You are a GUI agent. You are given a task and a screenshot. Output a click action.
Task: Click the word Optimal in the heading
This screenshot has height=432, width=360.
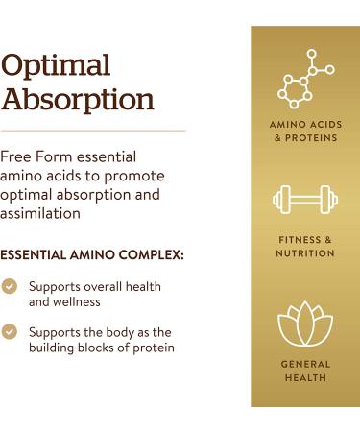coord(57,65)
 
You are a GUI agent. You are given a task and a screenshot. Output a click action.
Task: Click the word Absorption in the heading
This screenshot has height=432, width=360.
coord(78,99)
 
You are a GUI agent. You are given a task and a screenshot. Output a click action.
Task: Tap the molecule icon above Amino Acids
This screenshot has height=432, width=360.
coord(305,79)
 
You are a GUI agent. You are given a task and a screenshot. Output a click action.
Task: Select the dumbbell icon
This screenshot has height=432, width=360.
coord(305,201)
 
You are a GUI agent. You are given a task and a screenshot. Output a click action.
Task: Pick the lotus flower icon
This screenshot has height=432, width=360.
coord(305,324)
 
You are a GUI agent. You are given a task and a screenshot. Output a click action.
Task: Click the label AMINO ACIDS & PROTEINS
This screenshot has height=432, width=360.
coord(305,132)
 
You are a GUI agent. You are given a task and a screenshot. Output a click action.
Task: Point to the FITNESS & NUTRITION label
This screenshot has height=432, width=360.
coord(305,247)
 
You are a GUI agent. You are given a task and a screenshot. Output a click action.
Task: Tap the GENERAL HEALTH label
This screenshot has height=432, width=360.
coord(305,372)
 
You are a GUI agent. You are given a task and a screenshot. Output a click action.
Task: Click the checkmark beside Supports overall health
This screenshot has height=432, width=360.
coord(10,287)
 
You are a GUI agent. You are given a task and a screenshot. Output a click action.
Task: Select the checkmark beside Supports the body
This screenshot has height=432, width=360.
coord(10,331)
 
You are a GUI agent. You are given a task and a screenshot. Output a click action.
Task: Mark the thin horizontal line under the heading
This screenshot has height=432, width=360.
coord(93,131)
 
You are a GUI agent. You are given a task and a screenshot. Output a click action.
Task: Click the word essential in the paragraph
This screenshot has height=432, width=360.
coord(107,156)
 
